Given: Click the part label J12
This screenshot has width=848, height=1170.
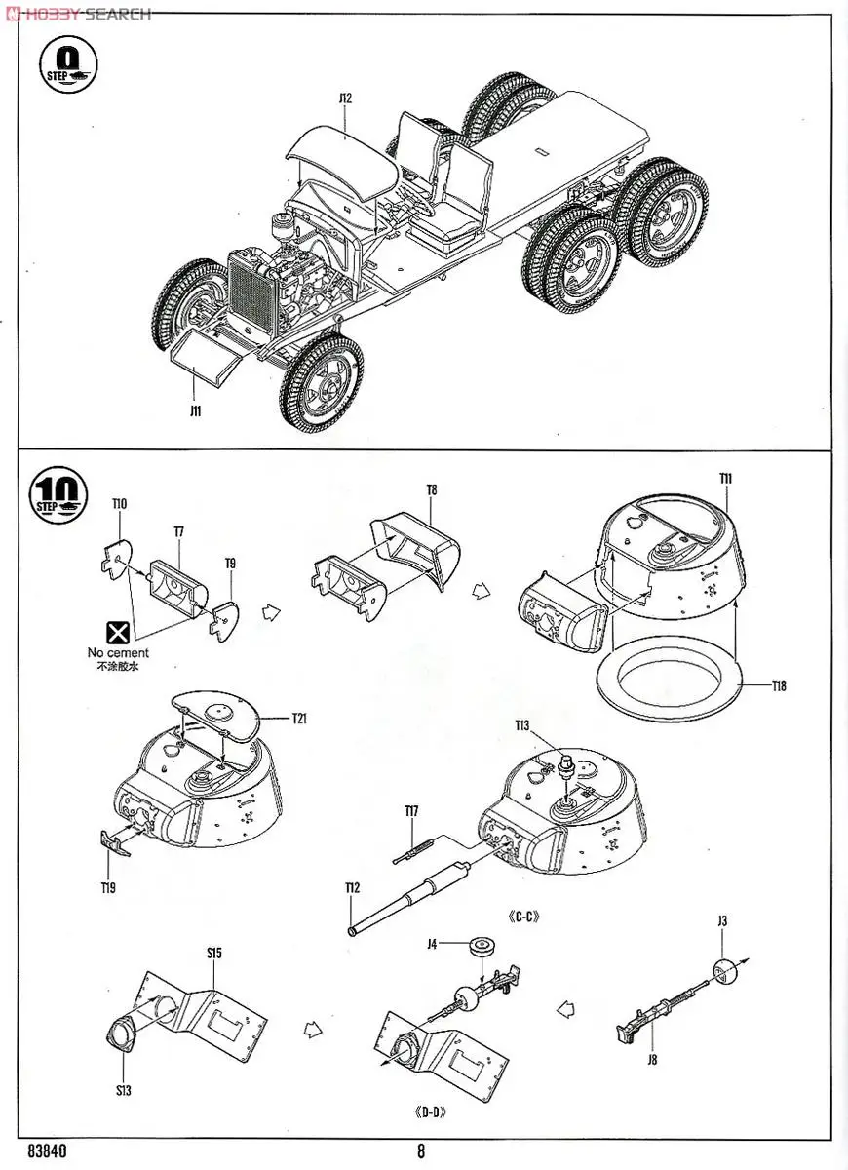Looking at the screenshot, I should tap(345, 97).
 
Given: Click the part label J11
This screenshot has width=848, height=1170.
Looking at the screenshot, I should tap(196, 410).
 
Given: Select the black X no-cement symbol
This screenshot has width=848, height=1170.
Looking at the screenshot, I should tap(118, 631).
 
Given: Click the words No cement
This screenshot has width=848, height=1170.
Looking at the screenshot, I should tap(118, 653).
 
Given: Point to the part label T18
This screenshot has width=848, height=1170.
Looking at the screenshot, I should tap(778, 686).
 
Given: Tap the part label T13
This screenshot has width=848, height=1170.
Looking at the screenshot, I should tap(522, 725).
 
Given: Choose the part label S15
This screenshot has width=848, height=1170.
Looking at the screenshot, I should tap(214, 953).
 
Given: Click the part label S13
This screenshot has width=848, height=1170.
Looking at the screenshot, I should tap(123, 1090).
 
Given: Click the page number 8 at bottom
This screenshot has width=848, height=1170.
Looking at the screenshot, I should tap(421, 1151).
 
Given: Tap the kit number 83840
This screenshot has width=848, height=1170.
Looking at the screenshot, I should tap(48, 1151).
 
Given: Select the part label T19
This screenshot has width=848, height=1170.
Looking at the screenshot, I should tap(107, 887).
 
